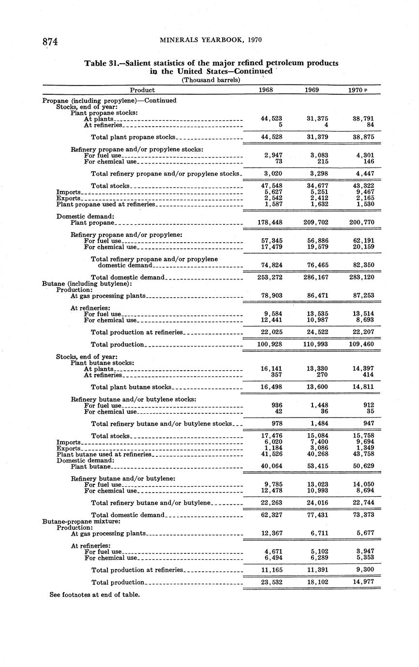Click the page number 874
50,42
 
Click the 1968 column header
266,90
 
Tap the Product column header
142,90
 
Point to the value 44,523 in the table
271,118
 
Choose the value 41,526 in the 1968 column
271,454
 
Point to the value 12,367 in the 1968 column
271,533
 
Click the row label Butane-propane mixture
81,522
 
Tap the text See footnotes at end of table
95,594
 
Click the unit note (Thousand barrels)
211,80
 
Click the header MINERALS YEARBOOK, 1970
210,40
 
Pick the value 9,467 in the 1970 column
363,192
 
